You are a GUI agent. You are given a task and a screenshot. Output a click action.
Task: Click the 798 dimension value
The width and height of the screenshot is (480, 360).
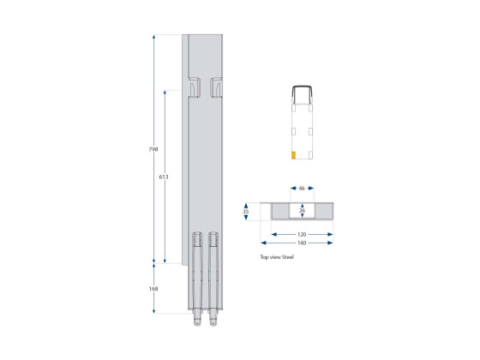point(153,149)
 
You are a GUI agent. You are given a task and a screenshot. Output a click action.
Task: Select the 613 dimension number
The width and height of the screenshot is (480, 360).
point(164,177)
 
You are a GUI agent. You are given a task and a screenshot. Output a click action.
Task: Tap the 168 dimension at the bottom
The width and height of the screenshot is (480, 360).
point(153,289)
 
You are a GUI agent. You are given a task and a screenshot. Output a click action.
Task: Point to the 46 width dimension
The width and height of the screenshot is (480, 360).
point(302,188)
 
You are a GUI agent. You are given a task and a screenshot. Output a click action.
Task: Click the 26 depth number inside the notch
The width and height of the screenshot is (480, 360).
point(302,209)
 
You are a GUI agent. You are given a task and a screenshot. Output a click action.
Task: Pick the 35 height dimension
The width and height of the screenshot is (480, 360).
point(246,211)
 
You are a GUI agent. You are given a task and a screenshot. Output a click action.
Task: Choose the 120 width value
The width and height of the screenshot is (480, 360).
point(302,233)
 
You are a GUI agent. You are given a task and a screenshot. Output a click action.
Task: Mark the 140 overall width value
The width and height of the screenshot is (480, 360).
point(302,243)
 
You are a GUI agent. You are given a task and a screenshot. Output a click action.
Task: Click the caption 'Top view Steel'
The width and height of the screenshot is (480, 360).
point(276,256)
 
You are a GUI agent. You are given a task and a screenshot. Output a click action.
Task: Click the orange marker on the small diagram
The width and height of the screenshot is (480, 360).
point(294,155)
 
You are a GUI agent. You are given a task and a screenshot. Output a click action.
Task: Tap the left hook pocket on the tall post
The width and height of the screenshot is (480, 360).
point(194,87)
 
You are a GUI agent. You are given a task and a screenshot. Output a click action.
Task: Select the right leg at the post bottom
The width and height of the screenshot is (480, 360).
point(213,279)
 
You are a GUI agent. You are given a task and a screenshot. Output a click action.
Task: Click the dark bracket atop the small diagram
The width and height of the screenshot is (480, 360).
point(303,92)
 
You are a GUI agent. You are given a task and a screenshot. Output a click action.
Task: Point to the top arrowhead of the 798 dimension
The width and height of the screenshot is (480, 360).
point(153,37)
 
